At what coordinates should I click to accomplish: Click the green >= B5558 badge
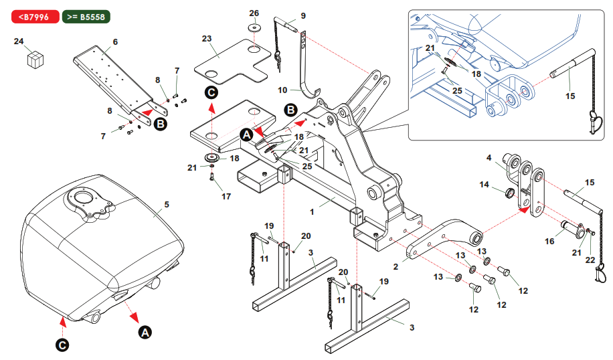click(86, 16)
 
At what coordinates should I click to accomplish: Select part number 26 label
click(254, 13)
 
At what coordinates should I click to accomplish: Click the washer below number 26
click(254, 28)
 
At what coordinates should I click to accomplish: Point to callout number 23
click(206, 38)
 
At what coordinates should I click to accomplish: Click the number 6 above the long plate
click(115, 41)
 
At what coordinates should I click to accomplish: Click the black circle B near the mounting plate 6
click(161, 124)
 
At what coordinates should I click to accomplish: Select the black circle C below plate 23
click(211, 92)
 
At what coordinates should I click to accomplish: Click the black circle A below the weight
click(144, 331)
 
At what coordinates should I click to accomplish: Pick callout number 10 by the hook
click(282, 89)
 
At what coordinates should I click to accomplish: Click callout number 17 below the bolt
click(226, 197)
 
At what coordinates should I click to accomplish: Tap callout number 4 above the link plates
click(489, 158)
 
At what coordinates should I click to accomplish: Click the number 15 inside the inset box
click(570, 97)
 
